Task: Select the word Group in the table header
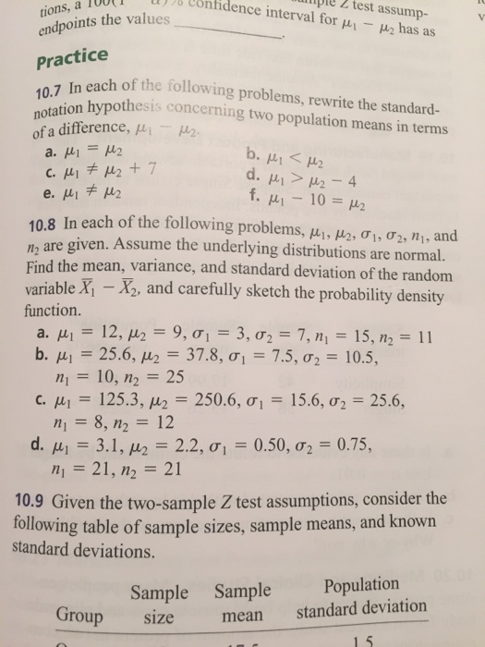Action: pos(79,616)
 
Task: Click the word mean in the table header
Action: pos(243,614)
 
